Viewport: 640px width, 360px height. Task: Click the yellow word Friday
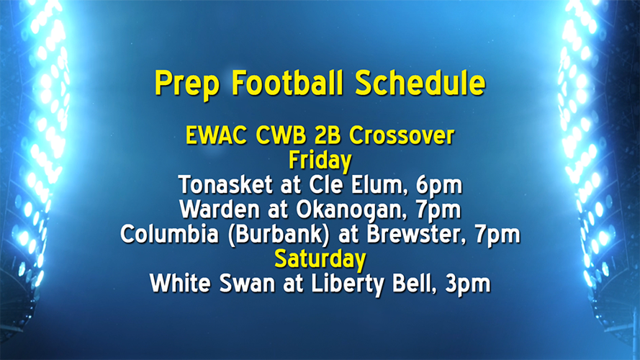(x=320, y=160)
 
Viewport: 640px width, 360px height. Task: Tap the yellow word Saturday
(x=320, y=258)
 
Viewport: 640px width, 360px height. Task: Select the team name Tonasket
(x=222, y=185)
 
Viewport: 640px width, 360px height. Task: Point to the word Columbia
(x=163, y=234)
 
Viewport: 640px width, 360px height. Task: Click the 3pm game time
(x=469, y=283)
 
